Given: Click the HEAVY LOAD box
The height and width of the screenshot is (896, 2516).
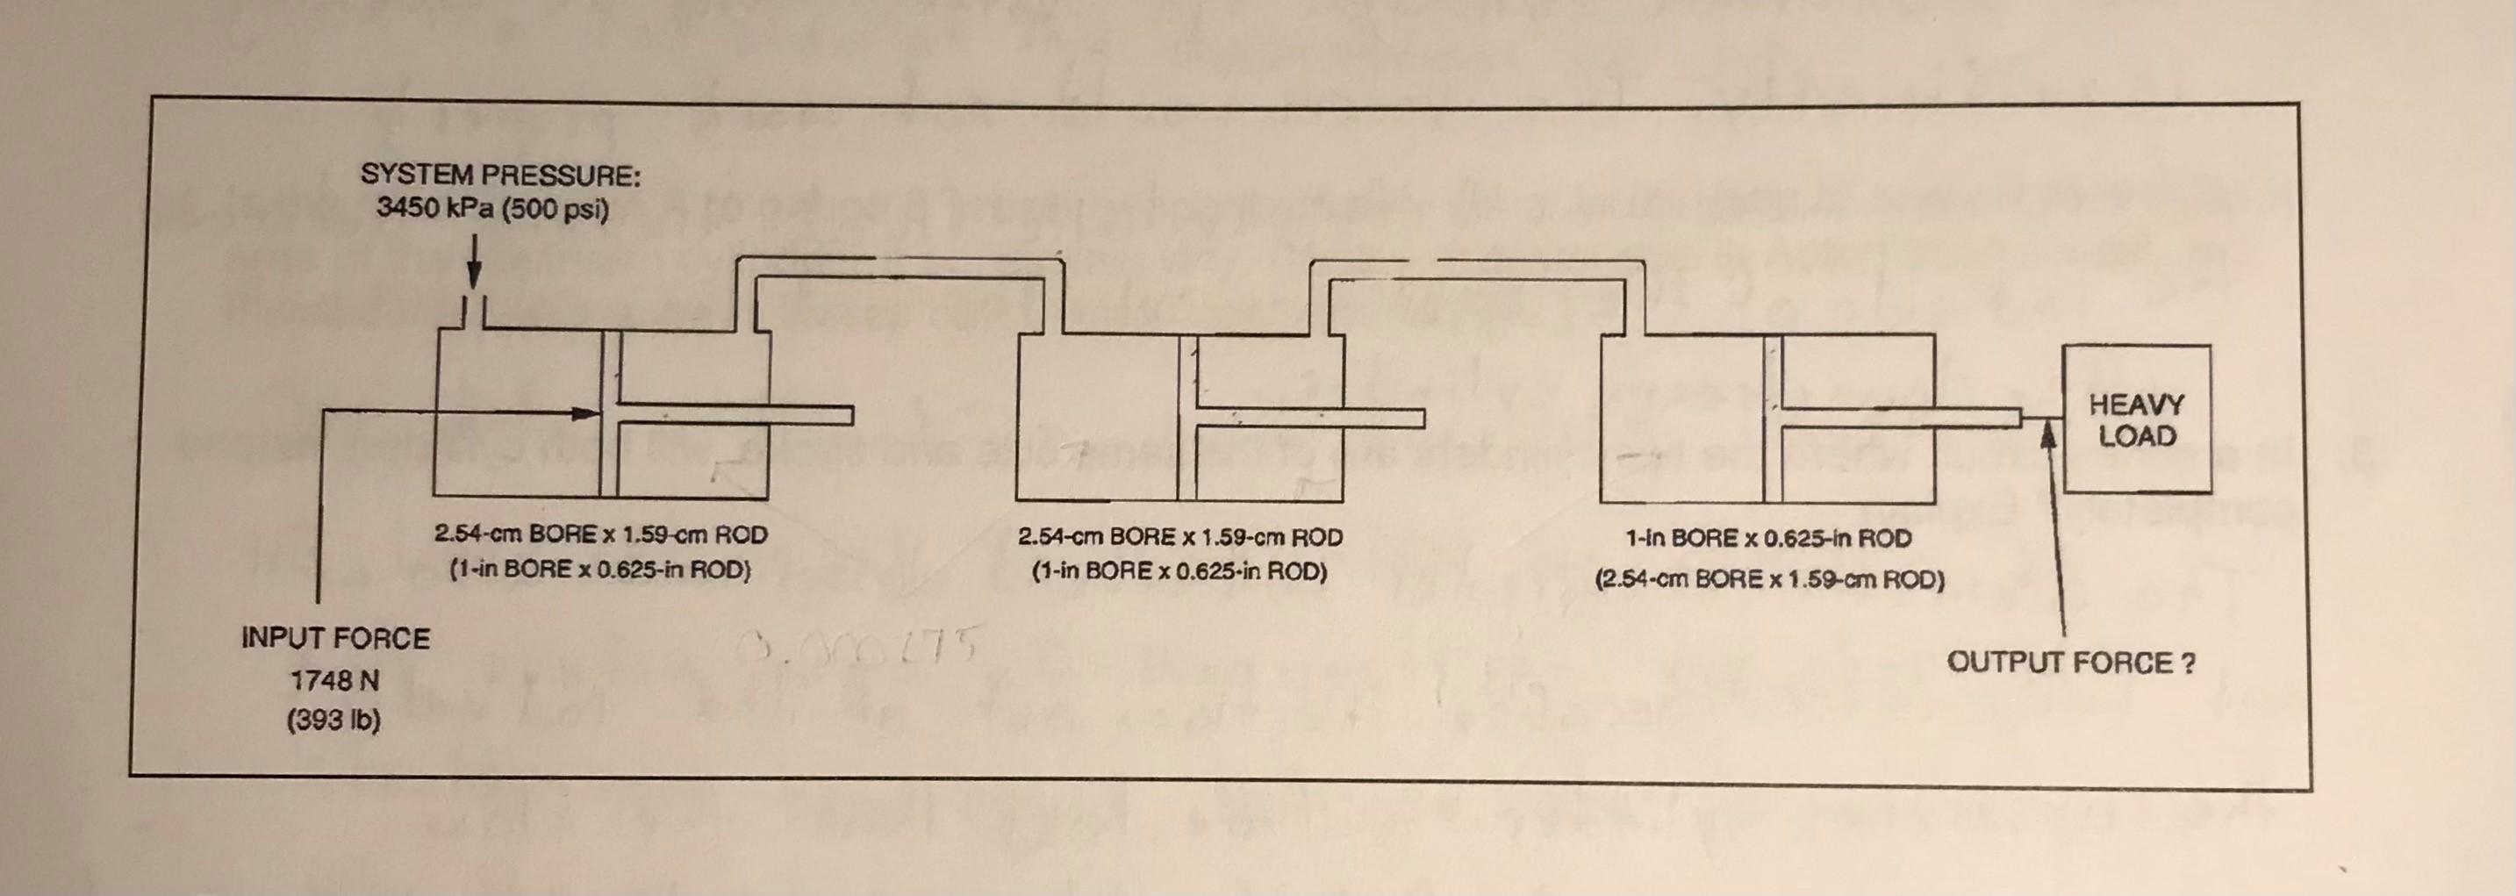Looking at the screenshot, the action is pyautogui.click(x=2136, y=420).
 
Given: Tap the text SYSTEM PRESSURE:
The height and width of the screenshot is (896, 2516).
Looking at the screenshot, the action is pyautogui.click(x=500, y=175).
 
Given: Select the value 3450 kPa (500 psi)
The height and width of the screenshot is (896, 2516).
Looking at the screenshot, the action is pyautogui.click(x=492, y=209).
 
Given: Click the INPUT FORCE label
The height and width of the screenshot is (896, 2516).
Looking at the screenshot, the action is pyautogui.click(x=335, y=639).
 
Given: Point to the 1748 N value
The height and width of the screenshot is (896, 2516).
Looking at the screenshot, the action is pyautogui.click(x=335, y=680).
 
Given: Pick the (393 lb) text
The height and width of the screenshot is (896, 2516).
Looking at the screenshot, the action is pyautogui.click(x=333, y=721).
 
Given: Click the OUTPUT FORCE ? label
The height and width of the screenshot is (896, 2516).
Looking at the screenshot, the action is pyautogui.click(x=2070, y=663).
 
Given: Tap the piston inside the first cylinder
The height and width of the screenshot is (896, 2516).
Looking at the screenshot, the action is pyautogui.click(x=611, y=415).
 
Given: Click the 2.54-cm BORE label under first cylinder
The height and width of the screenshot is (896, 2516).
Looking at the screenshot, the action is pyautogui.click(x=600, y=534).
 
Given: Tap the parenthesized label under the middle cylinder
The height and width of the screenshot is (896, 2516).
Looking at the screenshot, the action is pyautogui.click(x=1179, y=570).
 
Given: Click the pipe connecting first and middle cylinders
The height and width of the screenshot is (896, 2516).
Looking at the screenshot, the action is pyautogui.click(x=899, y=267).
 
